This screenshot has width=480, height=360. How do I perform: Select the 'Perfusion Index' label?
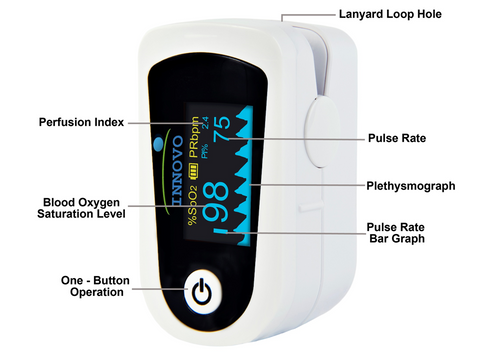[x=81, y=123]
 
